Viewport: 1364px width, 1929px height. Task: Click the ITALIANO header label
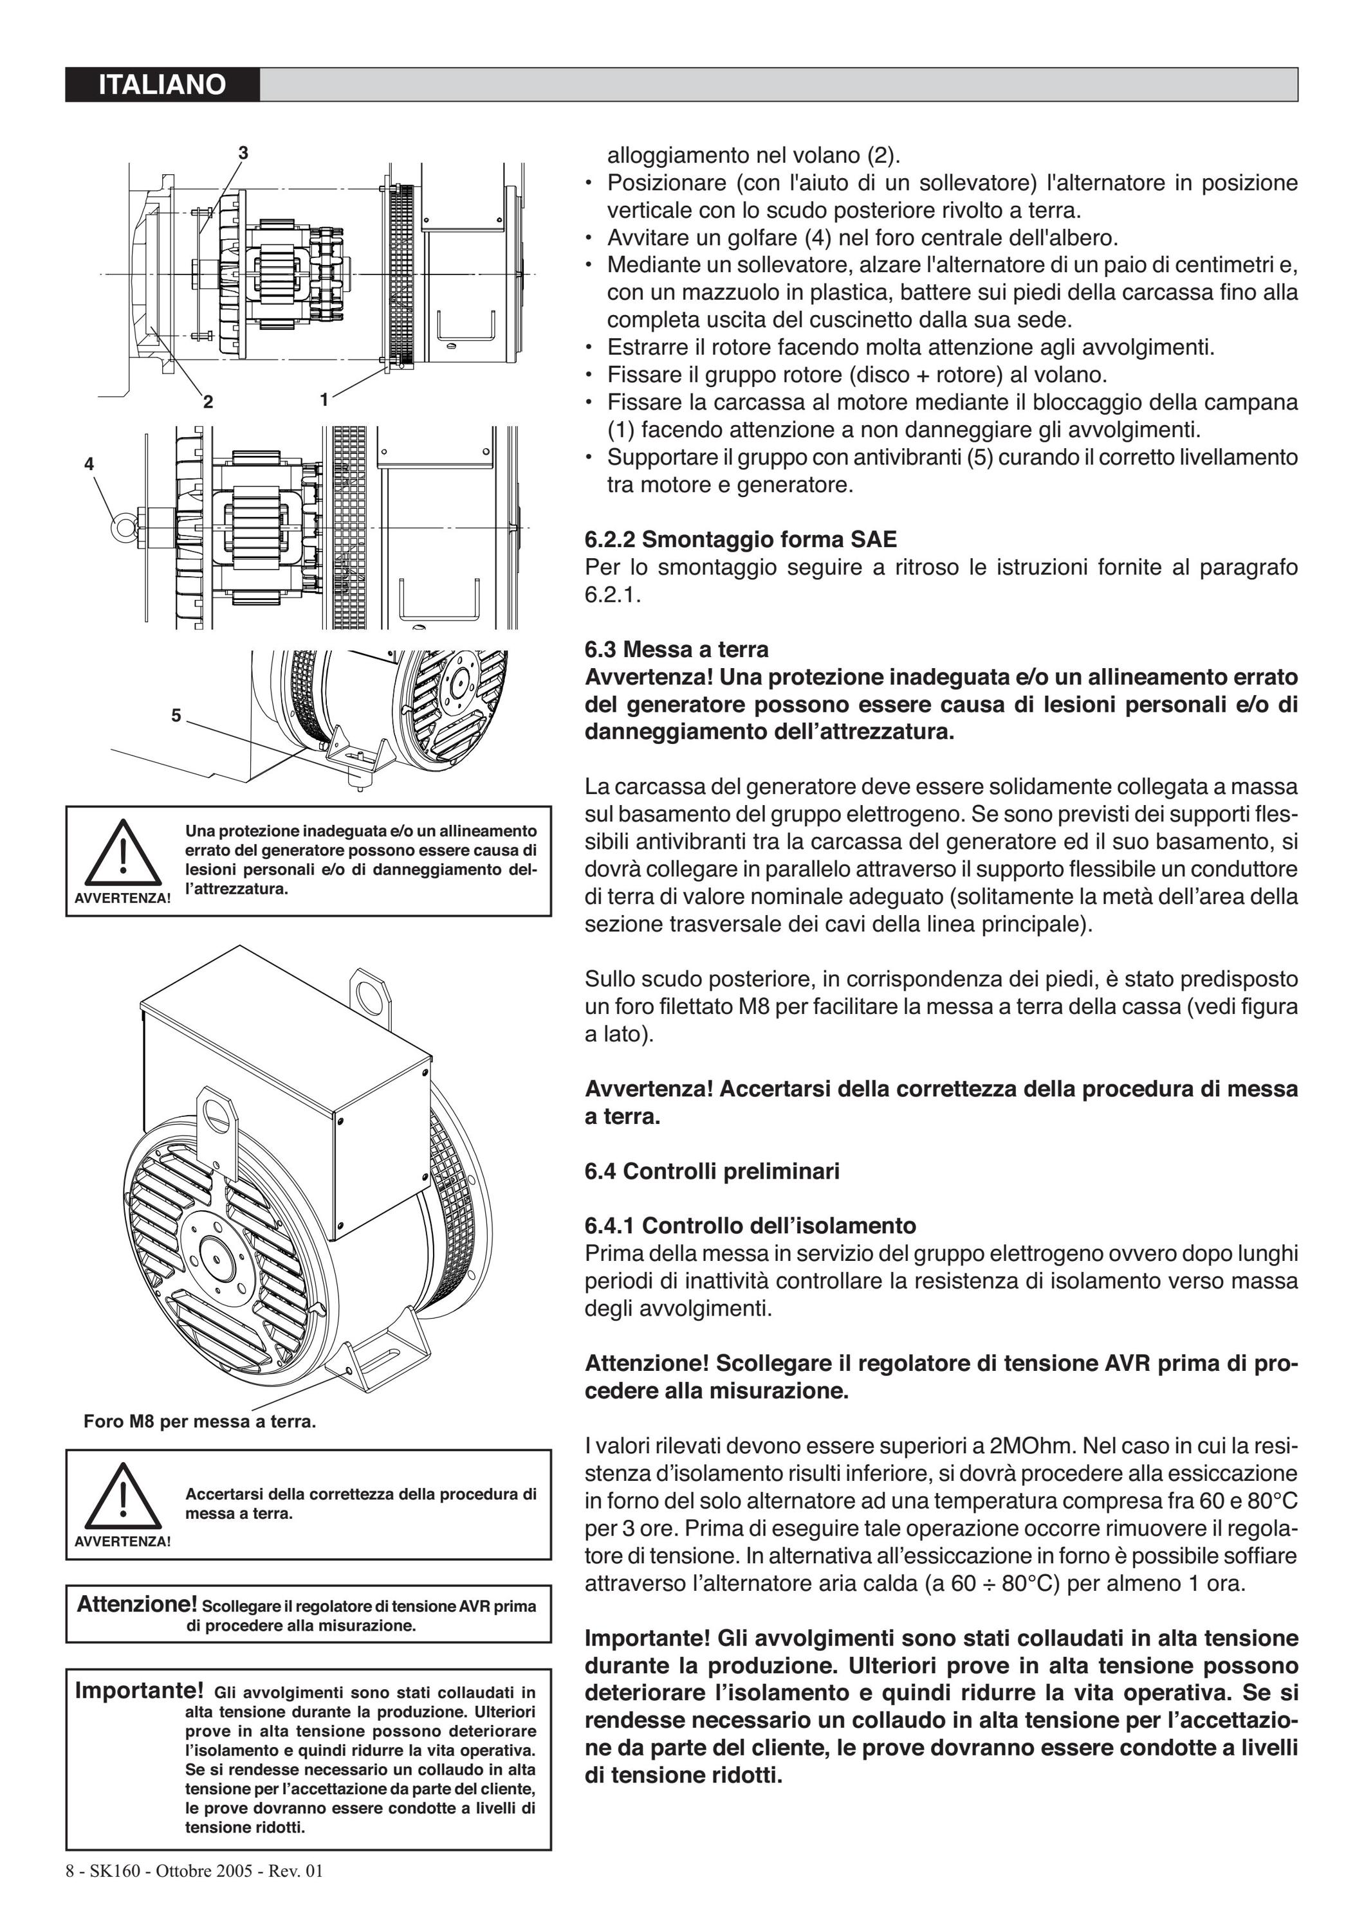click(x=162, y=85)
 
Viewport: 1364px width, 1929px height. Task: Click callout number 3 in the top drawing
click(x=243, y=153)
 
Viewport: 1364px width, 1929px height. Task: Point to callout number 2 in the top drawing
click(x=208, y=402)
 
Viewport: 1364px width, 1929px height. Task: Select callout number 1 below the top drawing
click(x=324, y=400)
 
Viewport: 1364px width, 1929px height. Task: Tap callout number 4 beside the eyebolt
click(x=89, y=464)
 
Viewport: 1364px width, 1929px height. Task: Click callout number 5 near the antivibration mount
click(x=176, y=715)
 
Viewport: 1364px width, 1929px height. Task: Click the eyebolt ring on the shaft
click(x=124, y=526)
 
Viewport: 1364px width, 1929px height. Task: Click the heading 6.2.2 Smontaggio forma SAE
click(x=741, y=539)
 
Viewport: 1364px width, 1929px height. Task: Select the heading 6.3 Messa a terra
click(x=677, y=649)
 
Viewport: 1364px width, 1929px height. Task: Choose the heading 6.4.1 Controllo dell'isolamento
click(x=750, y=1225)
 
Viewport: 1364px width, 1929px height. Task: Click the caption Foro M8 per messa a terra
click(x=200, y=1422)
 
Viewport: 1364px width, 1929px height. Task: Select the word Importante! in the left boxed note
click(x=140, y=1690)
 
